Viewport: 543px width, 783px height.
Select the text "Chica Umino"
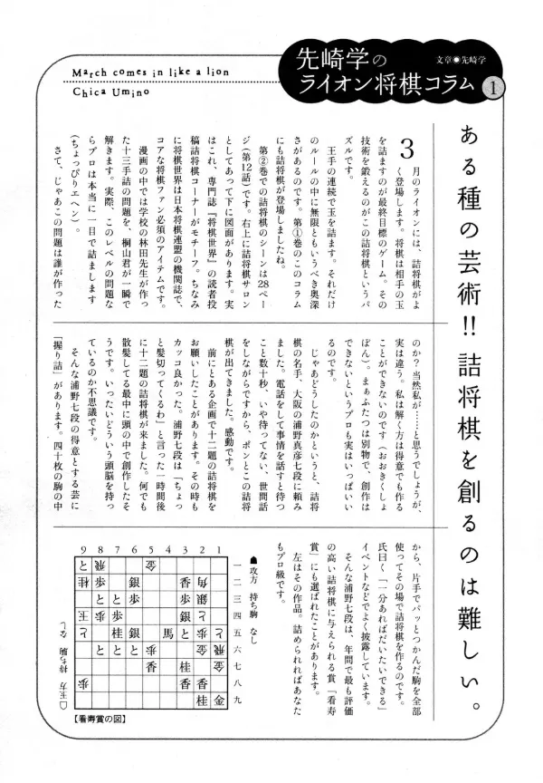coord(101,90)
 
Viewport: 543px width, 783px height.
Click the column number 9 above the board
coord(82,549)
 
